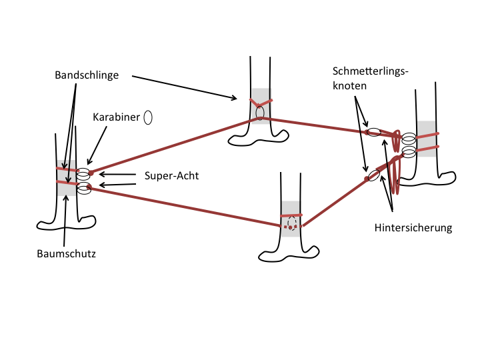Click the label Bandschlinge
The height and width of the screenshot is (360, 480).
(x=87, y=75)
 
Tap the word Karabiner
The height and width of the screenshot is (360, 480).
(x=116, y=117)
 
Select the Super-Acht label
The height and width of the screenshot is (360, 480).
(x=172, y=176)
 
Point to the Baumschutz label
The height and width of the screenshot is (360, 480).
(x=67, y=254)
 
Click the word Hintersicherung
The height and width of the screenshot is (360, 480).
(x=413, y=228)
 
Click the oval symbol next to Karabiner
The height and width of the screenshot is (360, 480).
(x=148, y=117)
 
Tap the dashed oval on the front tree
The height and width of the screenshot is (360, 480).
(x=292, y=223)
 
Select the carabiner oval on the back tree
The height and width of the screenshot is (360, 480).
(x=259, y=113)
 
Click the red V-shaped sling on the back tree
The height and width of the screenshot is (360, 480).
(x=261, y=103)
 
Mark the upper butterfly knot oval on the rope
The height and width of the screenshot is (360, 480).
(x=374, y=132)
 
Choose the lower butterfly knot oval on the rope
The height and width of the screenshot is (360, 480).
(x=373, y=175)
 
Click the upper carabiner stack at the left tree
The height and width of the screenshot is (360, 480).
(x=83, y=174)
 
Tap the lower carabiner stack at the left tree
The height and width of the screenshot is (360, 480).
(x=84, y=188)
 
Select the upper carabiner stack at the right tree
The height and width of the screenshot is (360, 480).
(x=409, y=139)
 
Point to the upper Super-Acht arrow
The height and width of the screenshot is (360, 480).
(x=117, y=175)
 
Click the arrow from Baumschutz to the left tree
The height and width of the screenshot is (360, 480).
(x=65, y=221)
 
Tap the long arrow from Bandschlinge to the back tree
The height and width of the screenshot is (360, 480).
(x=185, y=87)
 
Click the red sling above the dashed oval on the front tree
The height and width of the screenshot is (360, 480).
(x=291, y=215)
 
